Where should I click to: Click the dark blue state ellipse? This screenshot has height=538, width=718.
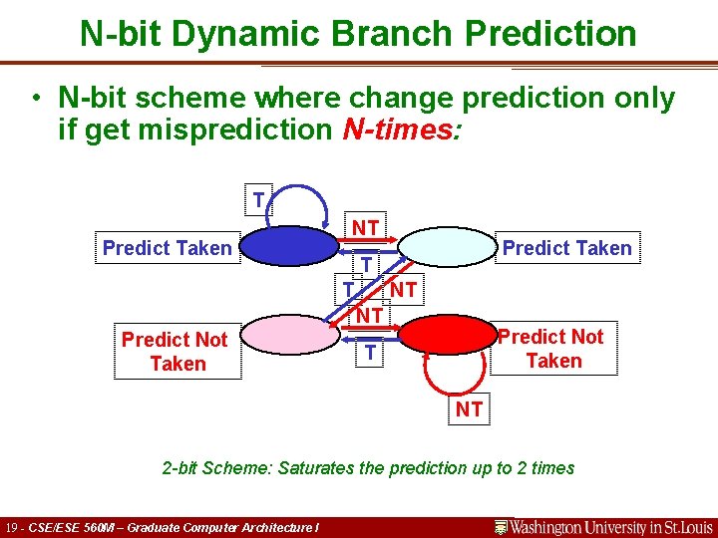(x=290, y=248)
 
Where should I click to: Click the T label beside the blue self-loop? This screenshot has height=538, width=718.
(x=258, y=200)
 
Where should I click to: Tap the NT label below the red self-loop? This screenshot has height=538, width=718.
(x=469, y=409)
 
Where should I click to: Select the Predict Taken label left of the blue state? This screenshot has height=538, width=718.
(x=168, y=248)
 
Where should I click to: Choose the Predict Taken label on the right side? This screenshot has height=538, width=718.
(x=566, y=248)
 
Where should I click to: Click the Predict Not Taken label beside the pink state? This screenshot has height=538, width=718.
(x=176, y=352)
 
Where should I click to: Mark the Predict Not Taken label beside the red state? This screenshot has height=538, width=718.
(x=552, y=349)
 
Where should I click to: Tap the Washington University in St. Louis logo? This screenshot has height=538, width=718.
(x=604, y=526)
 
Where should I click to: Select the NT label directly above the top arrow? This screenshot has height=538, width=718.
(x=366, y=228)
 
